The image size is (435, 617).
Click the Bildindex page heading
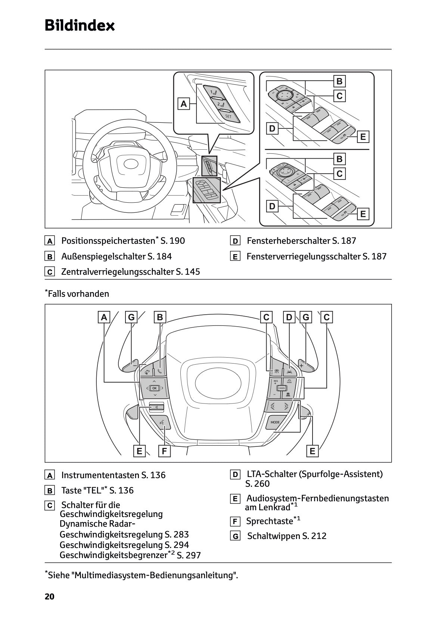(x=80, y=26)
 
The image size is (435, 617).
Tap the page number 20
(x=50, y=596)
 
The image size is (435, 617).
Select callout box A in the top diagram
(x=183, y=104)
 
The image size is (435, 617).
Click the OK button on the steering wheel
(x=155, y=388)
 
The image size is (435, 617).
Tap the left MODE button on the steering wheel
(x=275, y=422)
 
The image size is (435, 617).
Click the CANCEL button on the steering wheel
(x=282, y=388)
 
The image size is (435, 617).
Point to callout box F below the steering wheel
(x=164, y=451)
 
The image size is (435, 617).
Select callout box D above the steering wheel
(x=289, y=317)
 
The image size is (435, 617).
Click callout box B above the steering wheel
(x=160, y=317)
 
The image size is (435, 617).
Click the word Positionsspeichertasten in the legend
(x=108, y=241)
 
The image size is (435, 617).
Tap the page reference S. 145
(x=188, y=272)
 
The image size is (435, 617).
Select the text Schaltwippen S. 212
(x=286, y=536)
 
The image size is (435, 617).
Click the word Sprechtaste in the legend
(x=269, y=521)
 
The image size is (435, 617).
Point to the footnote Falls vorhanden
(x=78, y=294)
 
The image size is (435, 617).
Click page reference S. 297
(x=189, y=555)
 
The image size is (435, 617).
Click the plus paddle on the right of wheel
(x=302, y=365)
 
